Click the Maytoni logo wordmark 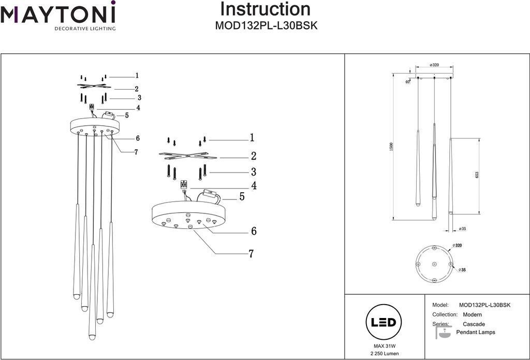[x=57, y=13]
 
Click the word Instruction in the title [x=266, y=9]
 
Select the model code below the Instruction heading [x=266, y=26]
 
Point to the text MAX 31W [x=381, y=345]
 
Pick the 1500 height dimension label [x=392, y=147]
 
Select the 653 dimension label [x=477, y=176]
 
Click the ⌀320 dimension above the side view [x=434, y=65]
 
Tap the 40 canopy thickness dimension [x=407, y=81]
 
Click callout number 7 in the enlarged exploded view [x=251, y=253]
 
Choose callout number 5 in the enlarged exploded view [x=242, y=197]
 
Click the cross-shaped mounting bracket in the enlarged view [x=187, y=155]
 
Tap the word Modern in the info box [x=472, y=314]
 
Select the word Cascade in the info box [x=474, y=324]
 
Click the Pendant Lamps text [x=476, y=332]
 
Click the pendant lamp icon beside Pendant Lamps [x=443, y=332]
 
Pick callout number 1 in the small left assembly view [x=137, y=76]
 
